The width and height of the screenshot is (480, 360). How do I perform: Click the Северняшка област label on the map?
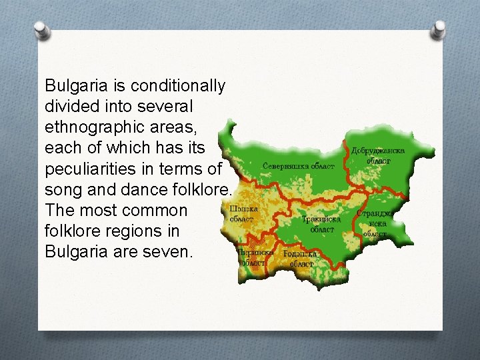click(x=298, y=165)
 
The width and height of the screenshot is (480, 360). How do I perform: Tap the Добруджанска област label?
click(x=378, y=156)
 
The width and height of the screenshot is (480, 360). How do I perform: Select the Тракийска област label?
click(x=322, y=223)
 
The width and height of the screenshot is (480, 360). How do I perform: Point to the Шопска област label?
click(x=243, y=213)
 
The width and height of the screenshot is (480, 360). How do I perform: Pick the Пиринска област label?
click(x=253, y=257)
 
